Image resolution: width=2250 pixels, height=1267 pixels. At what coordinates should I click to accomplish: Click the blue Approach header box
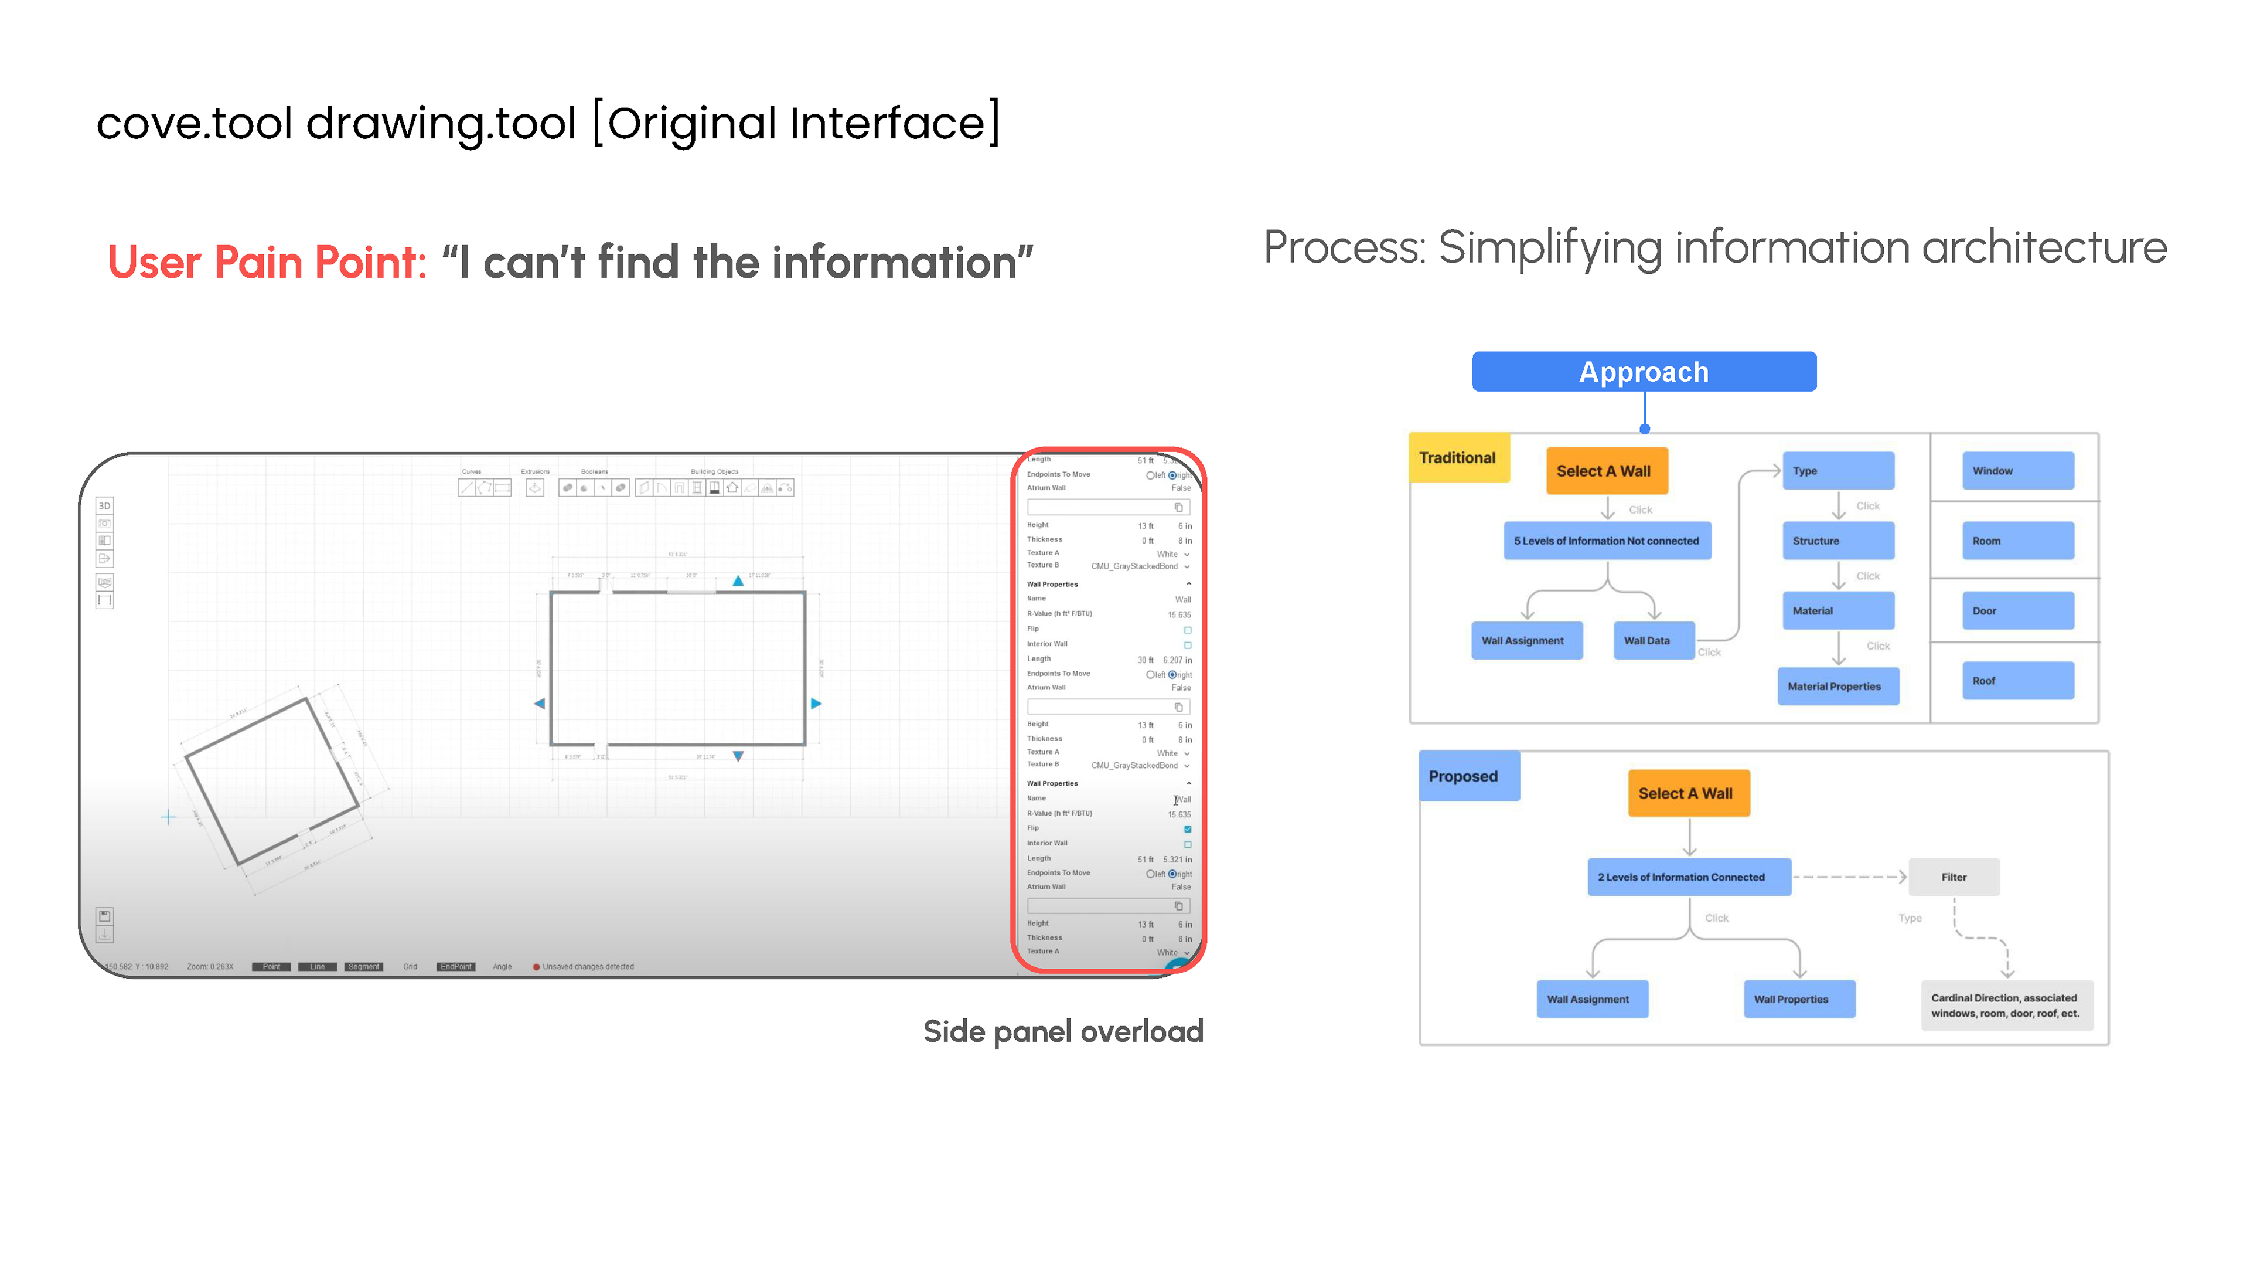click(x=1644, y=371)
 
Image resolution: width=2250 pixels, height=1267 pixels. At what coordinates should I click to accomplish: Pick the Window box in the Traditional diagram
click(x=2017, y=471)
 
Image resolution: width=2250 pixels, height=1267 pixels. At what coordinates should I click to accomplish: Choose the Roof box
click(x=2017, y=681)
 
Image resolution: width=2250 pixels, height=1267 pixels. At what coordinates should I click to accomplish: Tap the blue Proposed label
click(x=1467, y=776)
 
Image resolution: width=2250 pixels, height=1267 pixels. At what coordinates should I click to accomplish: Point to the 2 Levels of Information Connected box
click(x=1688, y=877)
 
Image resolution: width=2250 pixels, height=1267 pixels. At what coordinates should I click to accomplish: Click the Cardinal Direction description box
click(x=2006, y=1006)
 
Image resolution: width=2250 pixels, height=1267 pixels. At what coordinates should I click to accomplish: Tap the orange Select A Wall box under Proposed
click(x=1687, y=793)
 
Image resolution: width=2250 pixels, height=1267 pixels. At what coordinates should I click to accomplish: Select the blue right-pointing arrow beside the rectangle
click(x=816, y=704)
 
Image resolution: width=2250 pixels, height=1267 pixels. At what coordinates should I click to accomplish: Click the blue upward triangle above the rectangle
click(x=738, y=581)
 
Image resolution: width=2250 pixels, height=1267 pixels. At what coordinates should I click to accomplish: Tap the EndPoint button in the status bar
click(x=456, y=966)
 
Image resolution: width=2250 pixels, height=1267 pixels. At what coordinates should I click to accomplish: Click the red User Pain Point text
click(x=267, y=262)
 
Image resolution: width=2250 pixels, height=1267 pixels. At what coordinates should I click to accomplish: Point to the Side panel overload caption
click(x=1063, y=1031)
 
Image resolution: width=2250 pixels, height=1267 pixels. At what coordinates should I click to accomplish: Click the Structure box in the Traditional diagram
click(x=1837, y=541)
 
